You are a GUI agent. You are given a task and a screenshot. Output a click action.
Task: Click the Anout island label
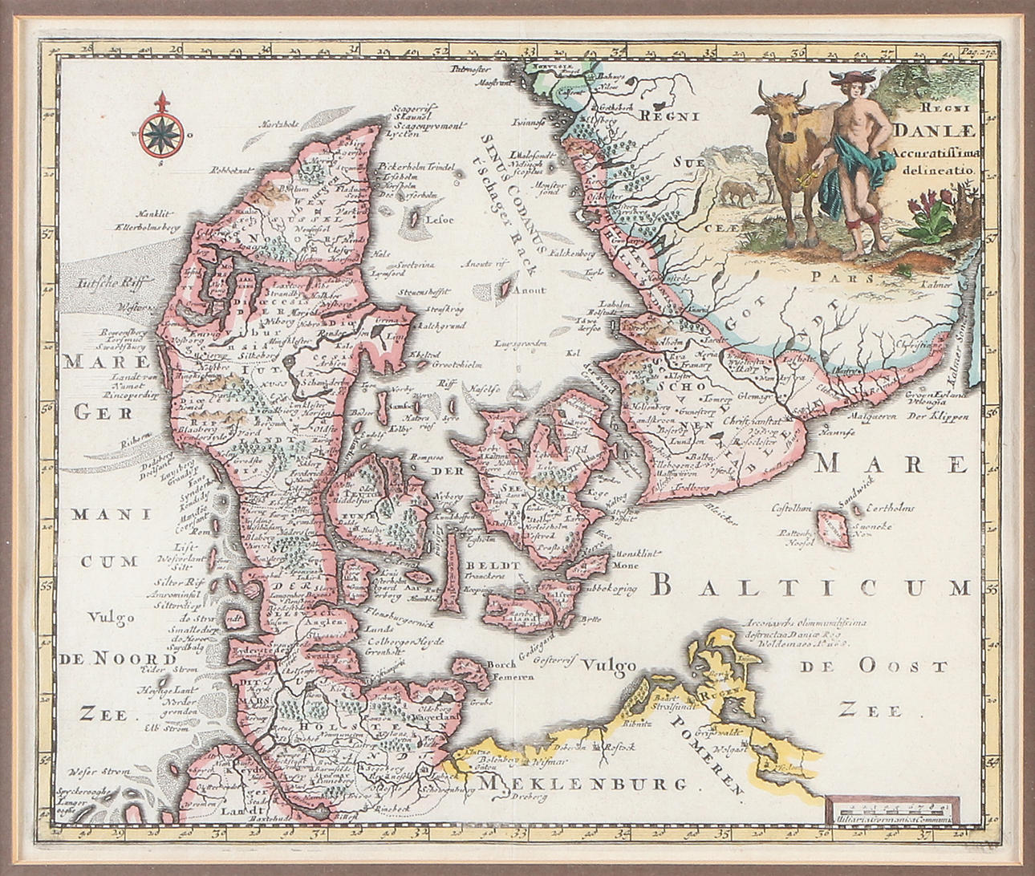click(x=528, y=291)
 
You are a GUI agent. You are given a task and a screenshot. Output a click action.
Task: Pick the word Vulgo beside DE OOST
click(x=609, y=664)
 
